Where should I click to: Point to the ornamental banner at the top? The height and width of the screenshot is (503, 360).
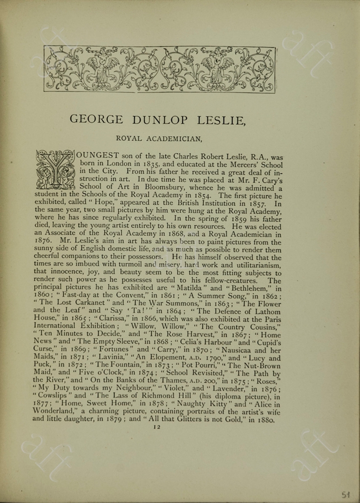(160, 69)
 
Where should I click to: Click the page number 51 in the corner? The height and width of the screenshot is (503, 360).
(345, 495)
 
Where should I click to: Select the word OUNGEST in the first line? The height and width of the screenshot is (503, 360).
(98, 156)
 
